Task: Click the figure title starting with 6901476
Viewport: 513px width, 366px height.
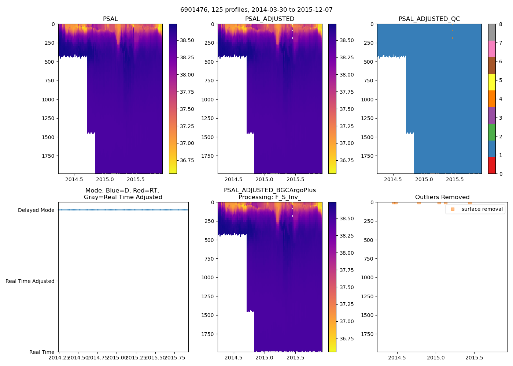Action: [x=256, y=10]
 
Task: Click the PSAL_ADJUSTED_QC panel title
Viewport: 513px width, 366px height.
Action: [x=429, y=19]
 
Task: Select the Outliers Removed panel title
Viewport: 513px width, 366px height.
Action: [x=442, y=197]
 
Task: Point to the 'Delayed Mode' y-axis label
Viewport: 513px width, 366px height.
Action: [x=36, y=210]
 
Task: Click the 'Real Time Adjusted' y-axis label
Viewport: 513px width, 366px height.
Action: [x=30, y=281]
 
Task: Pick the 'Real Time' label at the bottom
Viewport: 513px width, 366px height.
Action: [x=42, y=352]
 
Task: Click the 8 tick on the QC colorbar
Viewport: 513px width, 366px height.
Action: [x=501, y=24]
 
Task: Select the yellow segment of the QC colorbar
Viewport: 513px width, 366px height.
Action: [x=492, y=82]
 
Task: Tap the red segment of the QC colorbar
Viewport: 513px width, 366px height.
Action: [x=492, y=165]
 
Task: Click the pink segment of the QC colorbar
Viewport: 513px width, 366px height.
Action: [x=492, y=49]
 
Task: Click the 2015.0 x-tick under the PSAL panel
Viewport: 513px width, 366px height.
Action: [x=105, y=179]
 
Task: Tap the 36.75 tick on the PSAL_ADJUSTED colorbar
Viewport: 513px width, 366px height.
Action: [x=347, y=160]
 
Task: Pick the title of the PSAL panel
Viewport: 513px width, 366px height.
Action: [x=110, y=19]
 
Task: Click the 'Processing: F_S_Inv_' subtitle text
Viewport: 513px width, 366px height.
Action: [x=270, y=197]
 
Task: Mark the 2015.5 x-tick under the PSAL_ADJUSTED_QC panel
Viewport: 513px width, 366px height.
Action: [x=455, y=179]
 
